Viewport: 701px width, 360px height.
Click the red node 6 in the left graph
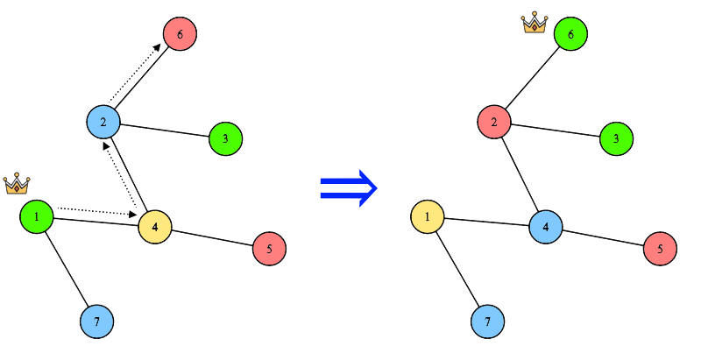click(x=180, y=35)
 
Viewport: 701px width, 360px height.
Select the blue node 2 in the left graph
click(x=103, y=121)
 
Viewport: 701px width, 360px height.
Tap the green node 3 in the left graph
click(x=225, y=138)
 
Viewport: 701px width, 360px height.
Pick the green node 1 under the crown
click(x=37, y=215)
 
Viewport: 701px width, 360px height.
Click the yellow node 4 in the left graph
click(x=155, y=227)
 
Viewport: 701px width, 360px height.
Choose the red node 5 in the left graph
click(x=269, y=249)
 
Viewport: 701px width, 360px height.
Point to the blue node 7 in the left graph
click(x=97, y=321)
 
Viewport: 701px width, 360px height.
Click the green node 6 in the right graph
click(x=570, y=35)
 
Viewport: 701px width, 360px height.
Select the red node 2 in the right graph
click(x=494, y=121)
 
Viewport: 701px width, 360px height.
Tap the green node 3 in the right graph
click(x=616, y=138)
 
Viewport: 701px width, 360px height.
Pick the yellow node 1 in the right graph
click(x=428, y=215)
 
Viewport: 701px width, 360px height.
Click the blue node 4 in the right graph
click(x=546, y=227)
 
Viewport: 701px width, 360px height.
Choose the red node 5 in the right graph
click(x=660, y=249)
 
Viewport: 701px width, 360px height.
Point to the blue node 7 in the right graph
click(x=488, y=321)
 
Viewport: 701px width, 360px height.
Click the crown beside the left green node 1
click(x=17, y=184)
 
